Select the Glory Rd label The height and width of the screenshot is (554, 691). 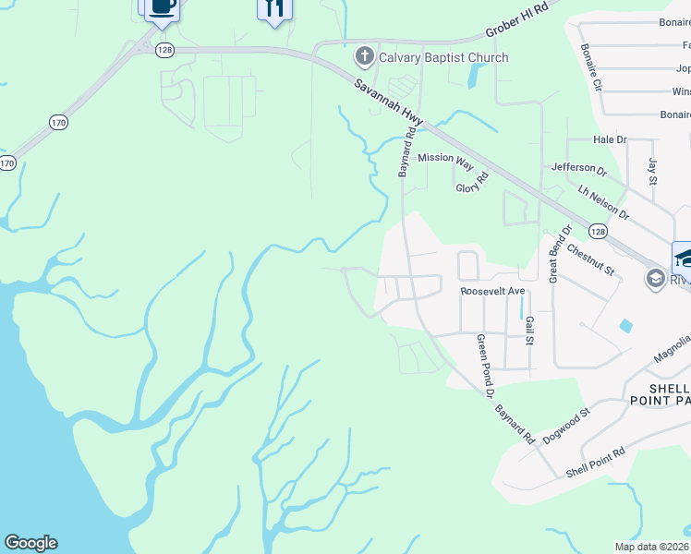coord(470,187)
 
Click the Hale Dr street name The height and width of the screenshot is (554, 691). coord(610,139)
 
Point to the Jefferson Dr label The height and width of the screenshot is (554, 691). coord(578,170)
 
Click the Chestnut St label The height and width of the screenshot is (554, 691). coord(590,259)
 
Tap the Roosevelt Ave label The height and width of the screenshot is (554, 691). coord(492,291)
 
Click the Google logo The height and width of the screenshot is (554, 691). coord(30,543)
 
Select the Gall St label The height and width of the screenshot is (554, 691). coord(529,328)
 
